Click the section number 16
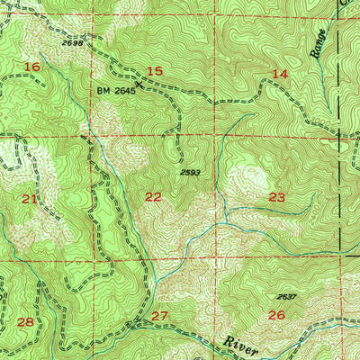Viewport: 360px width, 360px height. (x=33, y=67)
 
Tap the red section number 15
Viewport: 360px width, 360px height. (x=155, y=71)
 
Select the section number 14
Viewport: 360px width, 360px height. (x=280, y=74)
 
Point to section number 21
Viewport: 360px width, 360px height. (x=30, y=198)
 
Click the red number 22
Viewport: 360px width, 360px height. (x=154, y=196)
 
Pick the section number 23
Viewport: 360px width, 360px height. (x=277, y=196)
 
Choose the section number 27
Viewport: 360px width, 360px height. (x=159, y=315)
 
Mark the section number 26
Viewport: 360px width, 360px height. (x=276, y=314)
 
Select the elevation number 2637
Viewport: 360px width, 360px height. (x=286, y=296)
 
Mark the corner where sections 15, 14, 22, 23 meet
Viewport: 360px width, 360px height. (x=216, y=137)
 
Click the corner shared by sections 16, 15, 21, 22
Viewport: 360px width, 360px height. (x=90, y=136)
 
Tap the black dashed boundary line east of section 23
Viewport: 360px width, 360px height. (x=340, y=198)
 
